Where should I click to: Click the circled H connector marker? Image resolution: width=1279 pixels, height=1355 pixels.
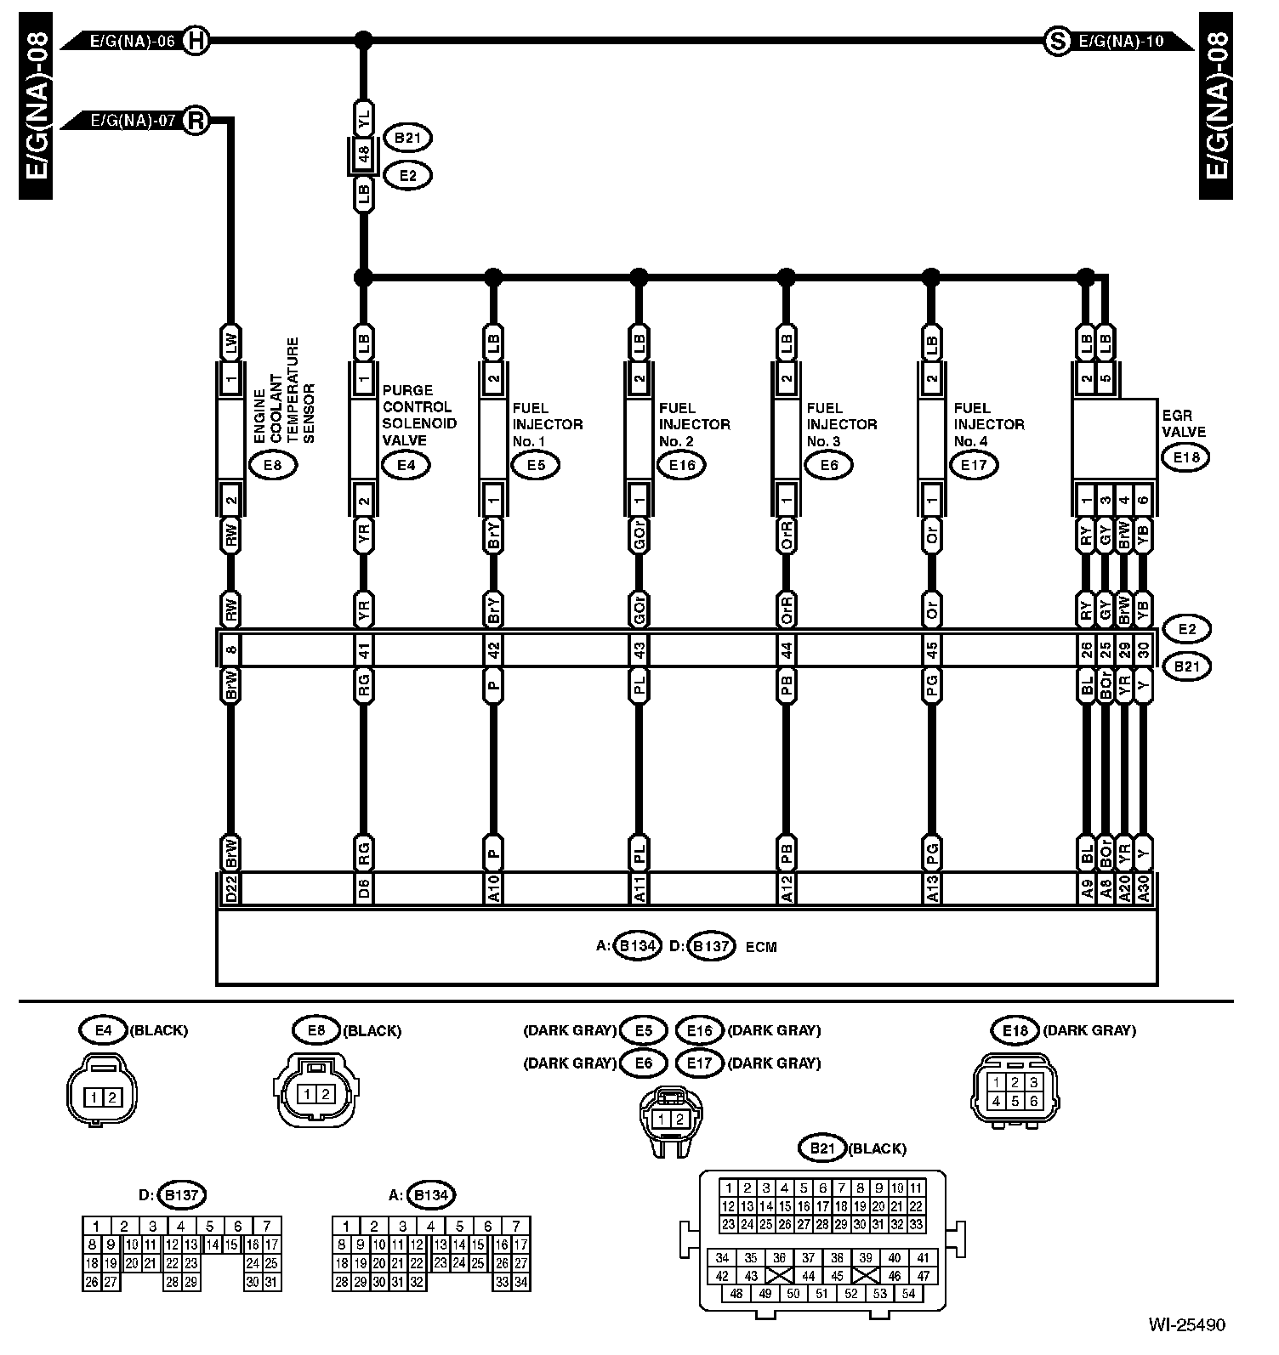point(196,40)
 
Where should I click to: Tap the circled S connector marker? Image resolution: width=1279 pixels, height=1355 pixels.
point(1056,40)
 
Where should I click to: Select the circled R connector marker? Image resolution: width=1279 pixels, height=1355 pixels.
point(196,121)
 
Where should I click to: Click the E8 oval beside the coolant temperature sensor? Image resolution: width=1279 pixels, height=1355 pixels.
point(272,465)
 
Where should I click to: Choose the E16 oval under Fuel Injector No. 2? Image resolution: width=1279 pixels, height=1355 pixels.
point(682,465)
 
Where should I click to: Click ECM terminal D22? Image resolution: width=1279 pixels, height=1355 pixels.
point(230,889)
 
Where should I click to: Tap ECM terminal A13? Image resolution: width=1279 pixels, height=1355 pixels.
point(932,889)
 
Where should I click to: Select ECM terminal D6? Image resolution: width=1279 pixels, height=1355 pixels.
point(363,889)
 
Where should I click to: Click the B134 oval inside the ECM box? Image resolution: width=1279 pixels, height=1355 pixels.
point(637,946)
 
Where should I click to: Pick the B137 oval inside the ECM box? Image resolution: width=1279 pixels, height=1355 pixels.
point(711,946)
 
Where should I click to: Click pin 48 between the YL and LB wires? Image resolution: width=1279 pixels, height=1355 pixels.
point(363,156)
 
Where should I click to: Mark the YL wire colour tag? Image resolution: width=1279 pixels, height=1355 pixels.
point(363,119)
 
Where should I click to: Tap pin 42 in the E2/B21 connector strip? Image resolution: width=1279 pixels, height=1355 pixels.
point(493,650)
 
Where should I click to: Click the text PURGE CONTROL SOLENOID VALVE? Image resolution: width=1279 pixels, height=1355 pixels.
point(419,415)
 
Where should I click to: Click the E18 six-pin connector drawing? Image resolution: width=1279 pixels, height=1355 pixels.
point(1015,1091)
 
